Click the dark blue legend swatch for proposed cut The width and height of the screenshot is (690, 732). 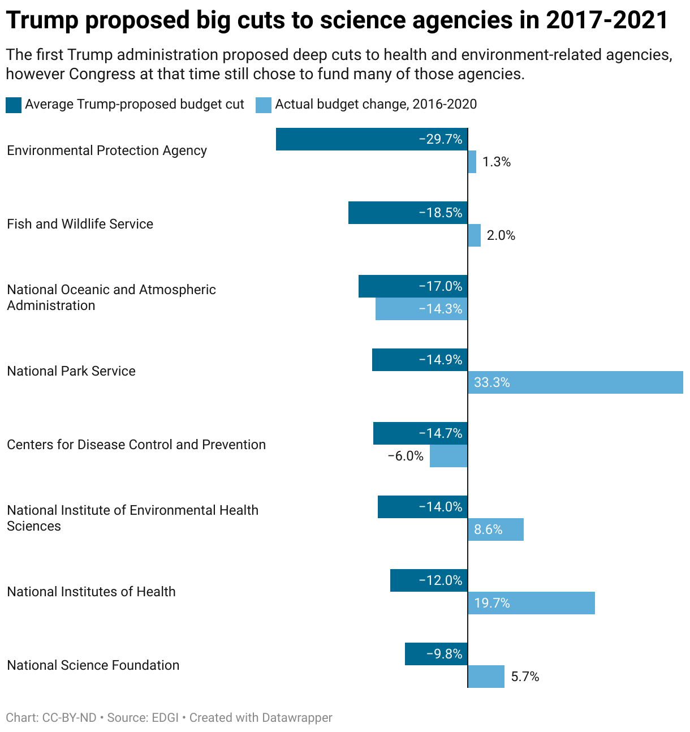coord(14,105)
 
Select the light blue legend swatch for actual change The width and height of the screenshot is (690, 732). coord(264,105)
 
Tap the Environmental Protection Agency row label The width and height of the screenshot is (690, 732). coord(107,150)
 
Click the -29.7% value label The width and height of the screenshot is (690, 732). coord(440,139)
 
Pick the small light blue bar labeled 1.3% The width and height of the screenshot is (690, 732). coord(472,162)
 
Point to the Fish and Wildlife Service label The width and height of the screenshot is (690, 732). coord(80,224)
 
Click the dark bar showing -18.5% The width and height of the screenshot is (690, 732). coord(408,213)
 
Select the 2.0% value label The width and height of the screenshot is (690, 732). coord(501,235)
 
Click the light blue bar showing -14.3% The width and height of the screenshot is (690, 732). coord(421,309)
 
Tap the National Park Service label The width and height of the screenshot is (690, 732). coord(71,371)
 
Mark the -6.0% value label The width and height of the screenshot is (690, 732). coord(406,456)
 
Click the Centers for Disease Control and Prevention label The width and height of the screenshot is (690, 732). coord(136,445)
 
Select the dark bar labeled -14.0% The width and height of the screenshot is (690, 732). coord(422,507)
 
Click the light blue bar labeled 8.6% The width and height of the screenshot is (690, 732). coord(495,529)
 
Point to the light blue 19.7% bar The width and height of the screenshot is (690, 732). coord(531,603)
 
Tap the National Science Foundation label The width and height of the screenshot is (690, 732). coord(93,665)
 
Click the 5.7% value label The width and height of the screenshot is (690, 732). coord(525,677)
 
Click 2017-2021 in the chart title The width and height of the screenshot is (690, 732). coord(607,20)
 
